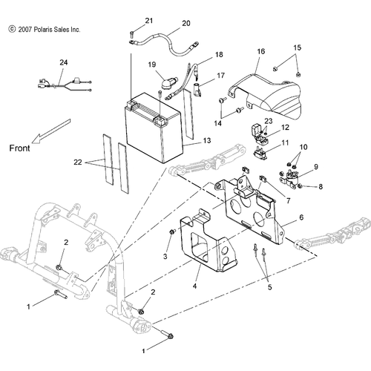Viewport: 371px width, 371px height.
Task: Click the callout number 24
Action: click(x=64, y=62)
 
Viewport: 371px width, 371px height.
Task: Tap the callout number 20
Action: click(x=186, y=23)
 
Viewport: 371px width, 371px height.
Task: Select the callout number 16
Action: click(x=260, y=51)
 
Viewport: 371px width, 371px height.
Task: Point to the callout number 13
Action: click(x=207, y=140)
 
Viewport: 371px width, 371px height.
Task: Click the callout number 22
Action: click(x=78, y=162)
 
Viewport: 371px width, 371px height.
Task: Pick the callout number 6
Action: click(x=301, y=217)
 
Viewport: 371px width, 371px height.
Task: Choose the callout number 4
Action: click(x=195, y=286)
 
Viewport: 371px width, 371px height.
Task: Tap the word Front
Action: click(x=19, y=148)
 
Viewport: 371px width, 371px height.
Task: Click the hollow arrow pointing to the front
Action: click(x=51, y=131)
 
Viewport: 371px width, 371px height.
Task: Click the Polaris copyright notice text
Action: click(x=45, y=30)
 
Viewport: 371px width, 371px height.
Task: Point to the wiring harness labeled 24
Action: click(x=65, y=85)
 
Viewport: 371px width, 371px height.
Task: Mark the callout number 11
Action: click(x=285, y=142)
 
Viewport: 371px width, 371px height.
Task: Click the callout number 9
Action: click(x=316, y=167)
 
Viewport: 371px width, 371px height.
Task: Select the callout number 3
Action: click(x=165, y=257)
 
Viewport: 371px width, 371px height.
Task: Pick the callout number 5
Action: click(x=269, y=287)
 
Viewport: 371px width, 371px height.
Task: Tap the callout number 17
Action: click(x=220, y=75)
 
